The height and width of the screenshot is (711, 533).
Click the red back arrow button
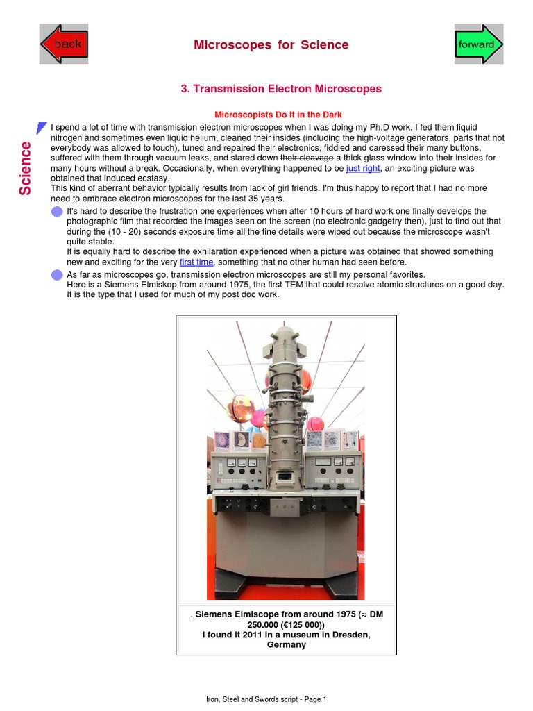pos(63,44)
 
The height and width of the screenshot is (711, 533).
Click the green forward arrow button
pos(478,44)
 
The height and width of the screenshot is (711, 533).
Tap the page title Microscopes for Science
pos(271,45)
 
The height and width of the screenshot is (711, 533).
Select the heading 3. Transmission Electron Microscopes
pos(280,89)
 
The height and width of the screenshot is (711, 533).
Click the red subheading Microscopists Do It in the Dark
pos(278,115)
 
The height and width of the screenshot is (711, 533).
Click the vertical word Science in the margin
pos(25,168)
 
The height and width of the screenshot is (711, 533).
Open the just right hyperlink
pos(363,169)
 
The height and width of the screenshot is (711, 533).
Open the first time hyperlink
pos(196,262)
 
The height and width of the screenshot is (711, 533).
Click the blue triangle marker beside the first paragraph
pos(42,128)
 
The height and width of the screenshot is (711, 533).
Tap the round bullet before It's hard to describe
pos(57,212)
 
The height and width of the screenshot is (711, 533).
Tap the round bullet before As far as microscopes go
pos(57,275)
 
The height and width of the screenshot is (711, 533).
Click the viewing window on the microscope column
pos(285,477)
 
